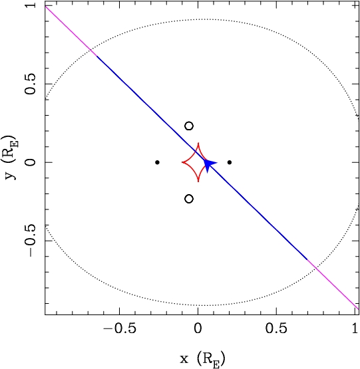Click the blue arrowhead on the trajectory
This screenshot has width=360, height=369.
pos(209,165)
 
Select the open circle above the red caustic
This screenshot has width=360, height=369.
pos(189,126)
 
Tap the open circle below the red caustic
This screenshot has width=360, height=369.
pos(189,199)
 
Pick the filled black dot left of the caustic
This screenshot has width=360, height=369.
pos(158,162)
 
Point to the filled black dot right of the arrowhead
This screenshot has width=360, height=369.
pos(230,162)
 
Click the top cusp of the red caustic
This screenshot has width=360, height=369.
pos(198,143)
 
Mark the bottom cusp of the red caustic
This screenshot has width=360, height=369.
pos(198,182)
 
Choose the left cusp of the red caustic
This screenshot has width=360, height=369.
pos(182,162)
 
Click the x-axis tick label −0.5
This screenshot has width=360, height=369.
pos(120,328)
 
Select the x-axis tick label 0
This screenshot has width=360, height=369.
pos(198,328)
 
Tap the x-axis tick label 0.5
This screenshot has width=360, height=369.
pos(276,328)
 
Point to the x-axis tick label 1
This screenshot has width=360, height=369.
pos(355,328)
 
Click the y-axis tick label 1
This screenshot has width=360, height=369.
pos(31,5)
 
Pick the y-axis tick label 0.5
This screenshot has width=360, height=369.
pos(31,84)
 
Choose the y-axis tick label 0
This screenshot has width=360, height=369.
pos(31,162)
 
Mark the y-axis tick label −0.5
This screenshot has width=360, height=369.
pos(31,241)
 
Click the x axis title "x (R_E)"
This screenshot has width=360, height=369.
pos(202,359)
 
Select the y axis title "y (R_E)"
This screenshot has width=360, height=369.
pos(11,157)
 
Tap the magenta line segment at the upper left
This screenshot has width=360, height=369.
pos(71,31)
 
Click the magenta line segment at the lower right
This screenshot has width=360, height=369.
pos(333,285)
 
